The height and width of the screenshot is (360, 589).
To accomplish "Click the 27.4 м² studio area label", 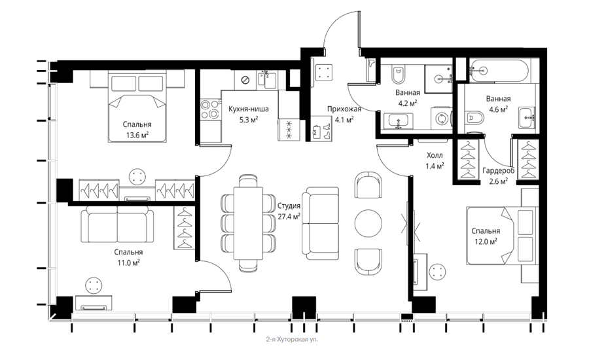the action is (x=289, y=217).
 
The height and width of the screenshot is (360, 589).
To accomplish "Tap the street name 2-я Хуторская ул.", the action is (x=291, y=339).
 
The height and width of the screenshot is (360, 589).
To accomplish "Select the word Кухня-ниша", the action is (x=249, y=109).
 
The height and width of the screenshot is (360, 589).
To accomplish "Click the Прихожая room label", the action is (x=344, y=109).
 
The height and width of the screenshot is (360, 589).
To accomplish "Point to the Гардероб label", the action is (x=498, y=171).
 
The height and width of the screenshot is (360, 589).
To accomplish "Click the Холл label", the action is (x=435, y=155).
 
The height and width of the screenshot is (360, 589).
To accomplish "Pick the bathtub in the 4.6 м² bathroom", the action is (x=499, y=70).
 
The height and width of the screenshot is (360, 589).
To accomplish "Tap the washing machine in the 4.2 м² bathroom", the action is (x=441, y=118).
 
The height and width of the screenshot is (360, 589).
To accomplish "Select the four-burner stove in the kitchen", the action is (x=210, y=109).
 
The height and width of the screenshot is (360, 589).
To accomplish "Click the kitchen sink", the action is (x=267, y=80).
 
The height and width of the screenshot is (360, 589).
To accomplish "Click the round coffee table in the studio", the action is (x=368, y=223).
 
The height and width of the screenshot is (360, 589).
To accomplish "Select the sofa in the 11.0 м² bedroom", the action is (x=118, y=225).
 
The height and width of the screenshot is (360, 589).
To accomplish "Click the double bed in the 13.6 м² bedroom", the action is (x=137, y=107).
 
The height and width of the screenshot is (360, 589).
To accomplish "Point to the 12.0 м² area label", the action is (x=486, y=242).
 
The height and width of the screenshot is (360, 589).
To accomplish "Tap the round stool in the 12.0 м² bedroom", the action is (x=438, y=272).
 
